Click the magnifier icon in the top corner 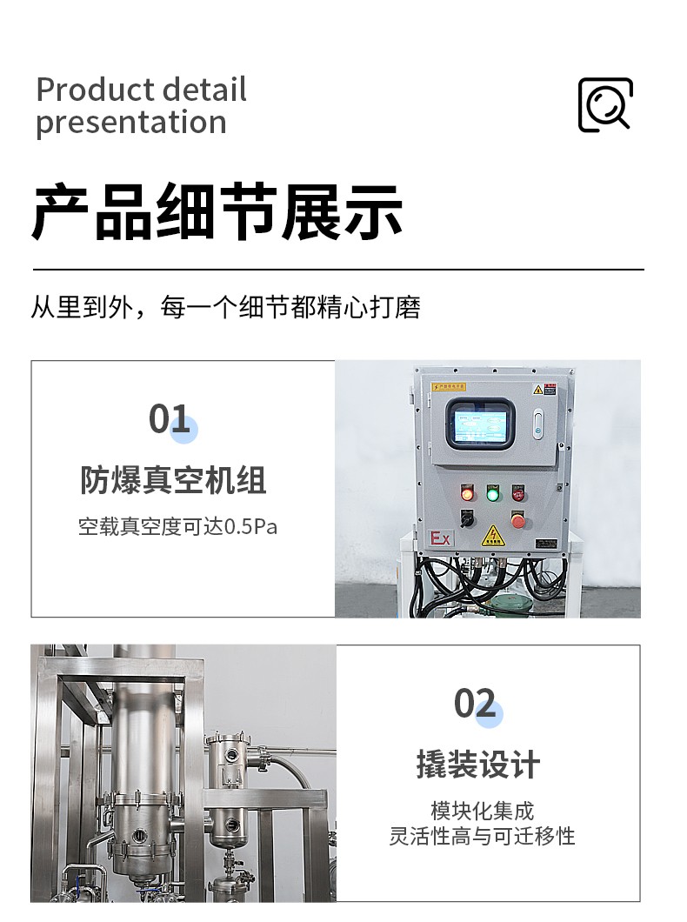(x=605, y=104)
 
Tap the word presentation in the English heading (x=131, y=123)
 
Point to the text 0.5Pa (x=251, y=527)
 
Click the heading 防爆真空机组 (x=173, y=480)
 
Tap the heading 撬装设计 (x=477, y=765)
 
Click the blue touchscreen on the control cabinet (x=479, y=424)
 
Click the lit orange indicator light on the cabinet (x=467, y=493)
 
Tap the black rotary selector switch (x=467, y=519)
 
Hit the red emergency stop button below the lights (x=517, y=520)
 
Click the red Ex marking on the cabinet (x=440, y=538)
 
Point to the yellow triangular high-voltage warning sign (x=491, y=536)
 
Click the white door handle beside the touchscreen (x=537, y=424)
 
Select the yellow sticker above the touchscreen (x=449, y=387)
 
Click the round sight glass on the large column (x=140, y=833)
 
